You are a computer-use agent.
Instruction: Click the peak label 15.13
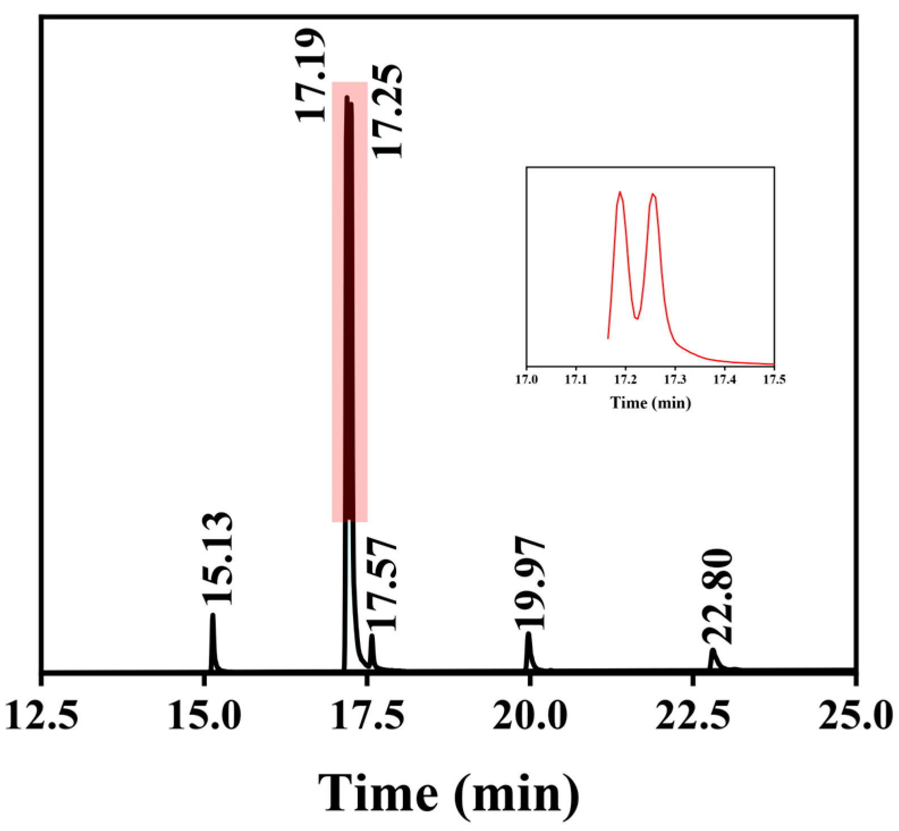(x=218, y=558)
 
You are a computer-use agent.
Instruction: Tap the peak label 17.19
(x=311, y=75)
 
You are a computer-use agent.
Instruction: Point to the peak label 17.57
(x=381, y=585)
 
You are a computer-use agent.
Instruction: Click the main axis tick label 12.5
(x=41, y=715)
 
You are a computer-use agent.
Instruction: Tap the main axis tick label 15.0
(x=204, y=715)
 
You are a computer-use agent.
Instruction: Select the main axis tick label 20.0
(x=530, y=715)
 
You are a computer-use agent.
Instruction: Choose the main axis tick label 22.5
(x=693, y=715)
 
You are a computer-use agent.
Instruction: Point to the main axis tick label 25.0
(x=855, y=715)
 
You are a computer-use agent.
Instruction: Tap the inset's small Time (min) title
(x=651, y=403)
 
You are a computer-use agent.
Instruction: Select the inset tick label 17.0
(x=527, y=379)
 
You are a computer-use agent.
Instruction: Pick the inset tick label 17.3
(x=675, y=379)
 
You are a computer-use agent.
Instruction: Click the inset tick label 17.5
(x=774, y=379)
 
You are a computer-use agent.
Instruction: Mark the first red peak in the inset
(x=620, y=193)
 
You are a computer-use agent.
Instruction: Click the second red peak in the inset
(x=654, y=195)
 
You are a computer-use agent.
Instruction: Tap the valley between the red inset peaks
(x=637, y=319)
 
